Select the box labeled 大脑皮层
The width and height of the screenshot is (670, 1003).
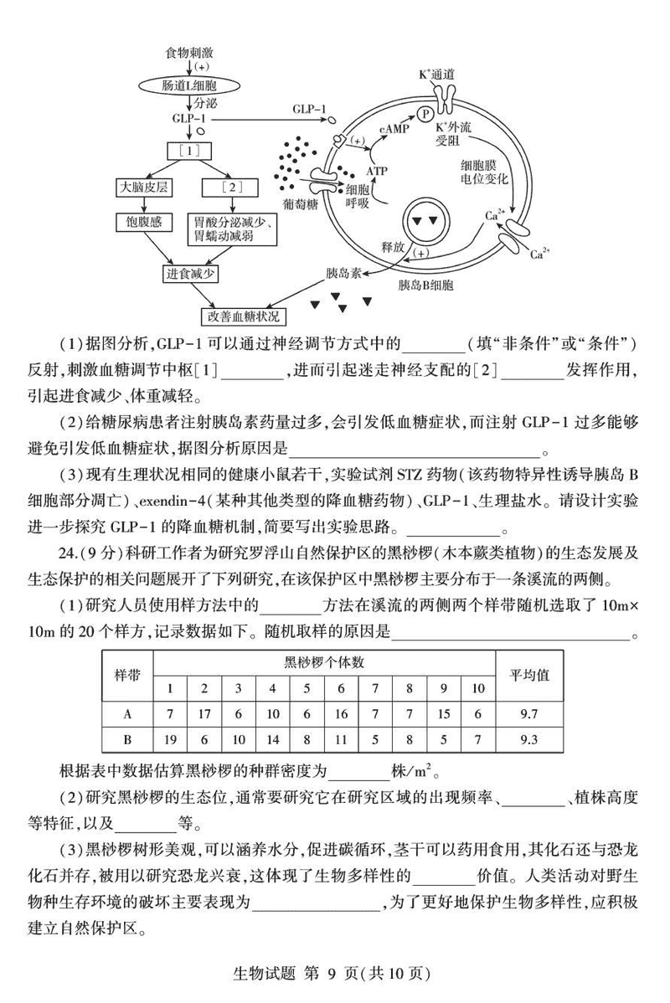tap(142, 187)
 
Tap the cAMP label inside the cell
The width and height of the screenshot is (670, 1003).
tap(394, 131)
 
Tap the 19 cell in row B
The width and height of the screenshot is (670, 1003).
tap(170, 740)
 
